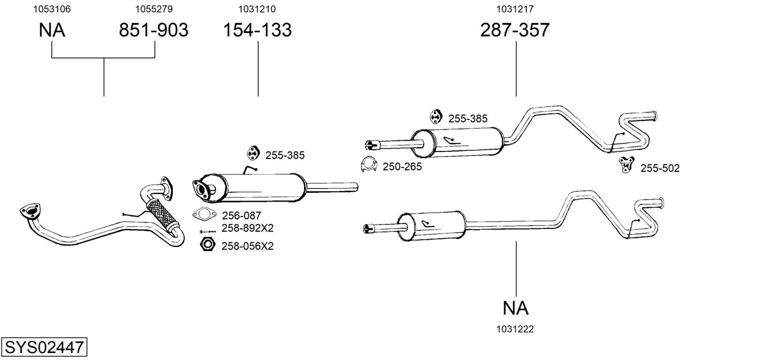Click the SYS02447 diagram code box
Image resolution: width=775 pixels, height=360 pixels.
click(44, 347)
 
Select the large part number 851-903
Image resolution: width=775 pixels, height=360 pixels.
click(153, 30)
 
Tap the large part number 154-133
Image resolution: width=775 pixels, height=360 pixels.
click(257, 30)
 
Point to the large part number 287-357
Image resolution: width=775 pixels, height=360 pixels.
click(515, 30)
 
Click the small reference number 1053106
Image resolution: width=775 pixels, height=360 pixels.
click(52, 9)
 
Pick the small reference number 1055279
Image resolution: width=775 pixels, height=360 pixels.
click(154, 9)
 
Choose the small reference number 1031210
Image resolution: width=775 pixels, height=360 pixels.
click(257, 9)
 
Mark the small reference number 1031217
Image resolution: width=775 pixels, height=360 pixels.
click(515, 9)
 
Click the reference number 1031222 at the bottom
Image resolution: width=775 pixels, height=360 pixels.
click(515, 329)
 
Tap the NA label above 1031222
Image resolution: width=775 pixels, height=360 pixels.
click(516, 308)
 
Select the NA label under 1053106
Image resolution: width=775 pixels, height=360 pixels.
click(52, 30)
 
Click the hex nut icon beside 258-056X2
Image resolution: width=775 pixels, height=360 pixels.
click(208, 245)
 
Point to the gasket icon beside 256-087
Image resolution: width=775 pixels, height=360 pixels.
click(204, 214)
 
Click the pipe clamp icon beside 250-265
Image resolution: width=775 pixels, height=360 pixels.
click(369, 165)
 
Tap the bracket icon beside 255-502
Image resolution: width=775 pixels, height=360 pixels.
click(627, 165)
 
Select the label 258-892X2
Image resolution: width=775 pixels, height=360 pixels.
click(248, 228)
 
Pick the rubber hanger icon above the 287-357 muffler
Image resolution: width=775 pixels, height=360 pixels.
click(436, 117)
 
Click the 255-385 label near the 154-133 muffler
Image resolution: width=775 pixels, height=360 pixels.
click(285, 155)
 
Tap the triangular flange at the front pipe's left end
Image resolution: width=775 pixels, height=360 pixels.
click(30, 211)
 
